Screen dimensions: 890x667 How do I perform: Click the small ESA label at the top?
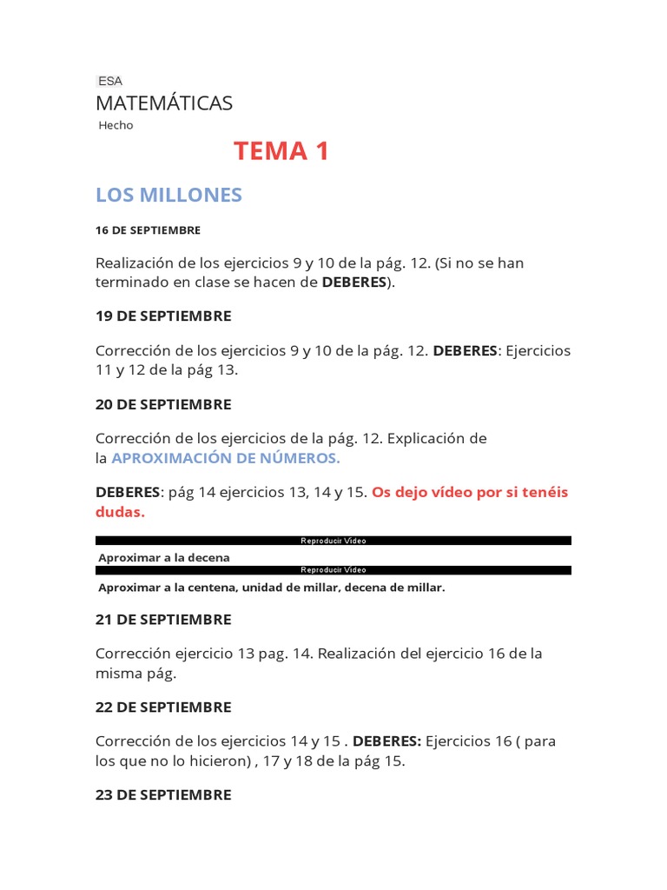click(110, 81)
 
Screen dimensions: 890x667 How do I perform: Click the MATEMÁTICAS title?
click(164, 103)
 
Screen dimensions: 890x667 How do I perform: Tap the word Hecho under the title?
click(116, 125)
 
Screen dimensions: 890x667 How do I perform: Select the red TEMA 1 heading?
click(281, 151)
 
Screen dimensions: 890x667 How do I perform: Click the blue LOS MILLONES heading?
click(168, 196)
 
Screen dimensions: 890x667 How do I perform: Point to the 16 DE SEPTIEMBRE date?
click(148, 230)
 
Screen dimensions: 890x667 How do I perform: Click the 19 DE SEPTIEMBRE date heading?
click(163, 315)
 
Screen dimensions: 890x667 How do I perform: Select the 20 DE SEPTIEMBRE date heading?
click(163, 404)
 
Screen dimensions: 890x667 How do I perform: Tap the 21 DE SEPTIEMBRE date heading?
click(163, 620)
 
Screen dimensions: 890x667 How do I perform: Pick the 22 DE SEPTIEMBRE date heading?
click(163, 707)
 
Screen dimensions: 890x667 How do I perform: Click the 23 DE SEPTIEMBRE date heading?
click(163, 795)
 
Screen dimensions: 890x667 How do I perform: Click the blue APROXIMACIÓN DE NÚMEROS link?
click(226, 458)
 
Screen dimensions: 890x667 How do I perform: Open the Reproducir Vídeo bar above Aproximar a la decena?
click(333, 541)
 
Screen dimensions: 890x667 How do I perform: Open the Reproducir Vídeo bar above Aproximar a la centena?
click(333, 570)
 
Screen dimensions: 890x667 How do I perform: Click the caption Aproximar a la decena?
click(164, 557)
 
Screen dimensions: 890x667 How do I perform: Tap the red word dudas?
click(120, 512)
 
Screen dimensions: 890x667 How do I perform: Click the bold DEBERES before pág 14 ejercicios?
click(128, 493)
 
